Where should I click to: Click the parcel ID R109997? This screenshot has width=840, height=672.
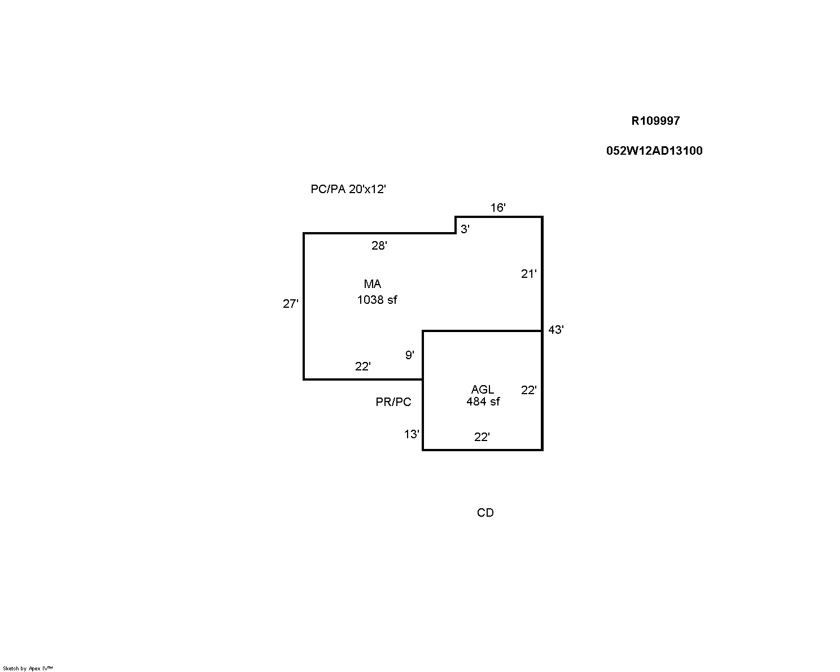click(655, 121)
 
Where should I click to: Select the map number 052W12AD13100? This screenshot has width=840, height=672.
click(654, 151)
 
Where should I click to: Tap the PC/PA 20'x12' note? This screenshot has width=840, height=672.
click(348, 189)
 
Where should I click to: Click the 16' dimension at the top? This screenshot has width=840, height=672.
click(497, 208)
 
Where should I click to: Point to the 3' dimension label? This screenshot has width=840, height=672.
click(465, 229)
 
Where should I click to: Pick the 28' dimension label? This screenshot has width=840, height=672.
click(379, 246)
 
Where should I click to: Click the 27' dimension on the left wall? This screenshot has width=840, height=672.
click(290, 304)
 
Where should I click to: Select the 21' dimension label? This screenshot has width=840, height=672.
click(528, 274)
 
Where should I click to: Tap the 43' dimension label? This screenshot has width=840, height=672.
click(555, 330)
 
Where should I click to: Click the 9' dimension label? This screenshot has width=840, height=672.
click(409, 355)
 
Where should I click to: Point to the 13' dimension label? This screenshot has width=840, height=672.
click(412, 434)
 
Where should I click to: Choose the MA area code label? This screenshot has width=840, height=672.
click(372, 284)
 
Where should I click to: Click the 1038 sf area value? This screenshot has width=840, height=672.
click(377, 300)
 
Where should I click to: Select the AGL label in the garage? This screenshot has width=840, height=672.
click(482, 390)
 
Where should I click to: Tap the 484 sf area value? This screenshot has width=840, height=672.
click(483, 402)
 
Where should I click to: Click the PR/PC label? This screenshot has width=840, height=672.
click(393, 402)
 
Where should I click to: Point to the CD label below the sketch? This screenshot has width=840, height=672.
click(485, 513)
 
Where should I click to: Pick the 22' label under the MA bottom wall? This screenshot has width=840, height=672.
click(362, 366)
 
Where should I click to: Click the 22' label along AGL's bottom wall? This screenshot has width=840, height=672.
click(482, 437)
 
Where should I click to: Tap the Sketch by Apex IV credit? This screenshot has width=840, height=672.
click(28, 668)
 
